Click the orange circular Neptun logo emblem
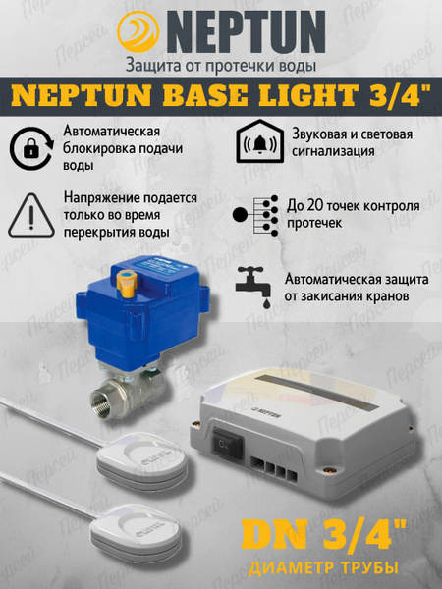pos(138,32)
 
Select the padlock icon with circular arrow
pos(31,148)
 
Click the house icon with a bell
pos(260,140)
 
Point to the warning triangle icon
pos(31,215)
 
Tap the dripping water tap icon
pos(254,287)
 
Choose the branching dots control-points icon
pos(255,215)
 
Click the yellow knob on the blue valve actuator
pos(127,283)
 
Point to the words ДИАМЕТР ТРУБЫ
pos(323,567)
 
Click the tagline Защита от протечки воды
pos(221,66)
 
